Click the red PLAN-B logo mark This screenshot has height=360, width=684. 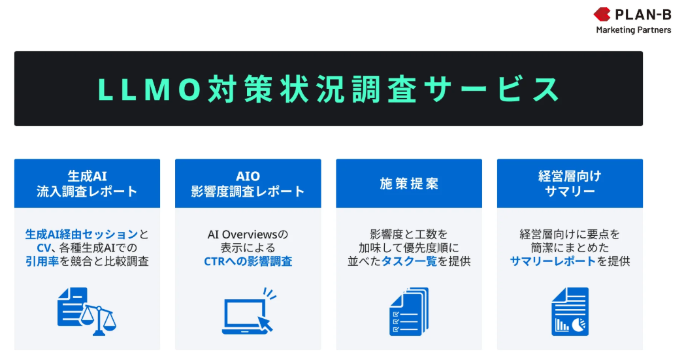coord(602,14)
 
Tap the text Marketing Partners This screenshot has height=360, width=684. coord(634,30)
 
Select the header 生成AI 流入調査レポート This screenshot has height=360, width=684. coord(88,184)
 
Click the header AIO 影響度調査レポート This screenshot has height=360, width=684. coord(248,184)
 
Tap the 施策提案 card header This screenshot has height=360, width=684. coord(409,184)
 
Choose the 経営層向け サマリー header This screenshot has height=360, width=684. coord(570,184)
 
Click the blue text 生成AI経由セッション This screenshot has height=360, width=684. coord(82,235)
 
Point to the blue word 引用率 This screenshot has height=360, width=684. coord(42,261)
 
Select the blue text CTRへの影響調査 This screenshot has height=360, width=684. coord(248,261)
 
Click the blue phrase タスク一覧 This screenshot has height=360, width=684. coord(409,261)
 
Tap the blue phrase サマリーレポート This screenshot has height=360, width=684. coord(553,261)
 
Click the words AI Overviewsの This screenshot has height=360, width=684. coord(248,235)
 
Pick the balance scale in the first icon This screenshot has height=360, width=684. coord(99,321)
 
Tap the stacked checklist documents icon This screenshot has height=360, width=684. coord(409,312)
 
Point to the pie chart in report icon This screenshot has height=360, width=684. coord(579,325)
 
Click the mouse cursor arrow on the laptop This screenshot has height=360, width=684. coord(265,324)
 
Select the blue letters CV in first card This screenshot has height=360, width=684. coord(44,248)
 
